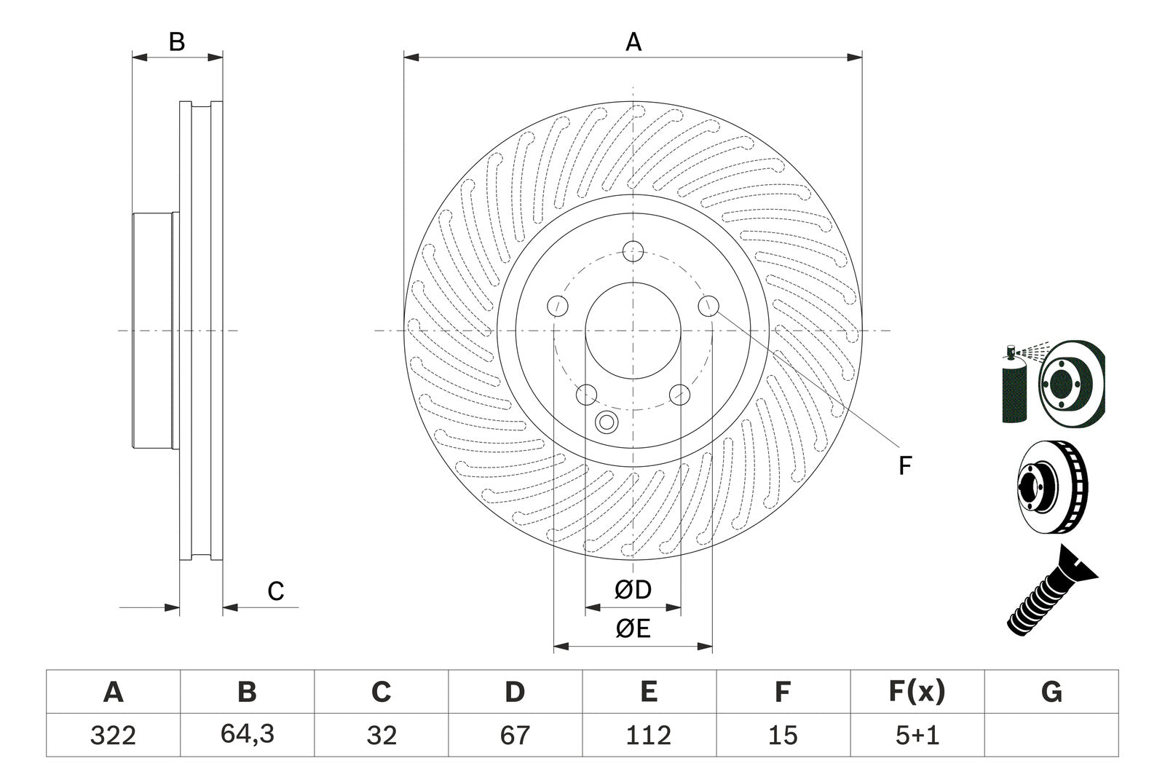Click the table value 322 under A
[113, 735]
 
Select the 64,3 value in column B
[247, 734]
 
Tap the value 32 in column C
[381, 735]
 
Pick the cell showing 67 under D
[515, 735]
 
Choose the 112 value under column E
[649, 735]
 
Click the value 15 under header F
[783, 735]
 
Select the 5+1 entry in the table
[917, 735]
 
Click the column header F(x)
[917, 691]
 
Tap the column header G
[1051, 692]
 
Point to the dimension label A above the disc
[633, 42]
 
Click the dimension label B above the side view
[177, 42]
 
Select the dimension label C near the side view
[275, 591]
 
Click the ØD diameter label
[632, 590]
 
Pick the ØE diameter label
[632, 628]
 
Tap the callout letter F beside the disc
[904, 465]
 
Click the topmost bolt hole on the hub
[633, 251]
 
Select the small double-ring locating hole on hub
[606, 422]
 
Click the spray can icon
[1014, 386]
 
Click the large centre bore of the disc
[633, 331]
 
